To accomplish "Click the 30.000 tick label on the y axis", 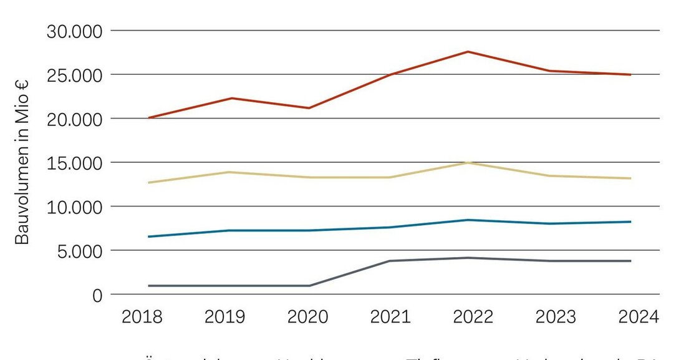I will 74,31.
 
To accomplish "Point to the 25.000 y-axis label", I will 74,75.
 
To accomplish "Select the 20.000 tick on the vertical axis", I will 74,119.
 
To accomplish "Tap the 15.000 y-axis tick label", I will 74,163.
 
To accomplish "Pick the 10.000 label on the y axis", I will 74,207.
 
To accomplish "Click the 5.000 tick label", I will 79,251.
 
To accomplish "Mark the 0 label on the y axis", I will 97,295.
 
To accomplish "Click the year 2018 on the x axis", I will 142,317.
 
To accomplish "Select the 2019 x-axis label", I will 225,317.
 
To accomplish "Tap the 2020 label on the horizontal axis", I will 307,317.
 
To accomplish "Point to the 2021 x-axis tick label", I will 390,317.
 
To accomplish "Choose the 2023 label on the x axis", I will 556,317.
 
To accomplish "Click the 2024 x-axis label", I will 638,317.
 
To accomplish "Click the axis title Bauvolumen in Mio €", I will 22,162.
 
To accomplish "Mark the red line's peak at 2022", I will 468,52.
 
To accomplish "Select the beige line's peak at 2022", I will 468,162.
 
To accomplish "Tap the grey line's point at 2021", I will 390,261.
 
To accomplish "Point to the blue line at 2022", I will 468,220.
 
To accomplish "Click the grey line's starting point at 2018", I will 148,286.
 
